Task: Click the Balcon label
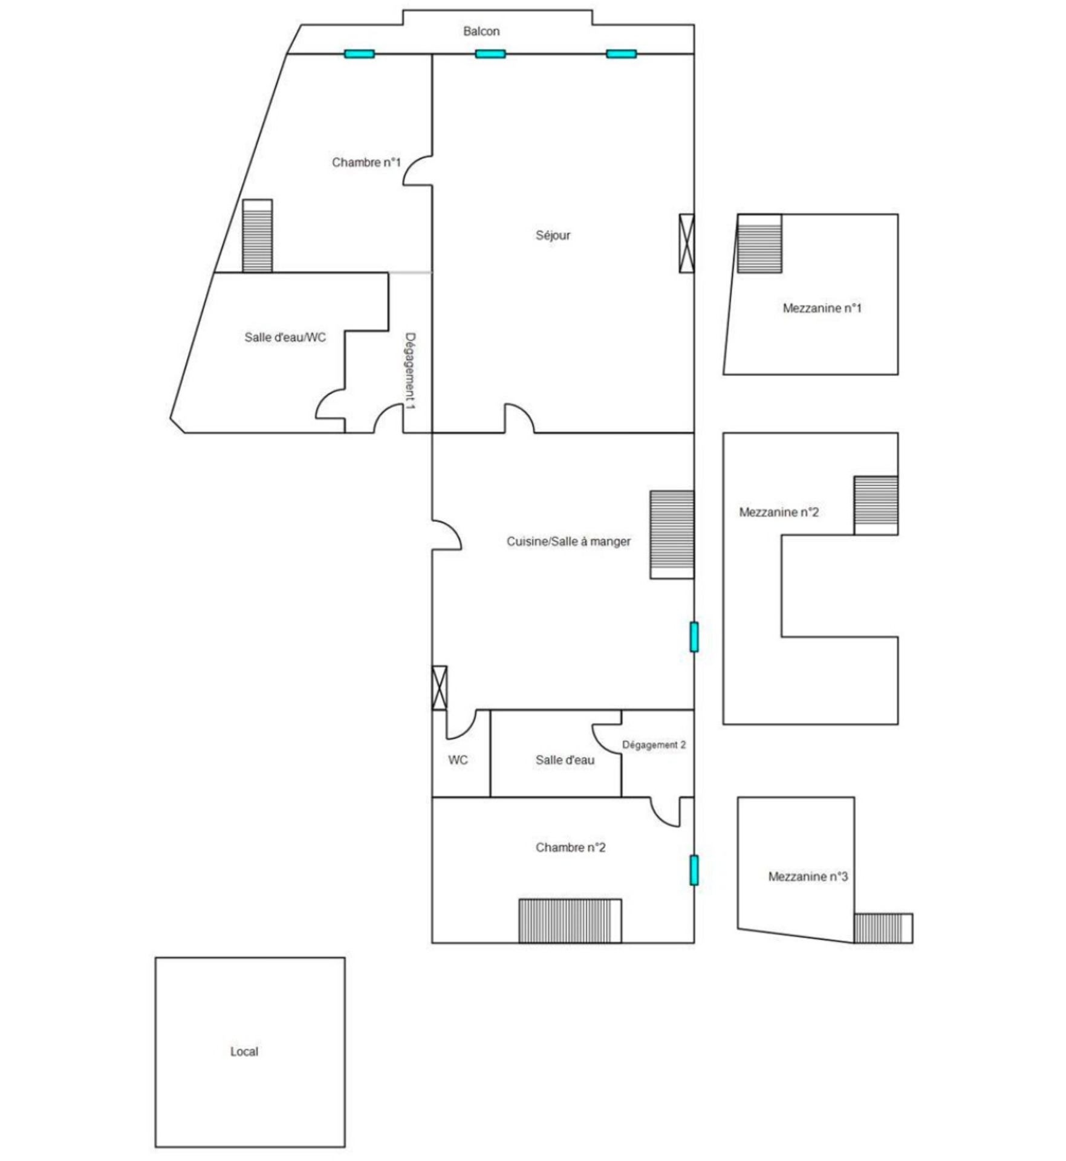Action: [481, 31]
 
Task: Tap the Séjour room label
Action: [553, 235]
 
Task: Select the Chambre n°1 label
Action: [366, 162]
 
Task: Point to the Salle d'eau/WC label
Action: [285, 337]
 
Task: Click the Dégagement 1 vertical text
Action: [410, 371]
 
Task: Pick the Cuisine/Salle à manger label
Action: [568, 542]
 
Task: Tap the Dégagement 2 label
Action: [654, 745]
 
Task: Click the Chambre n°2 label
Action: [570, 848]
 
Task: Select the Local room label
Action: [244, 1052]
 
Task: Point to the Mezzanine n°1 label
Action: [822, 308]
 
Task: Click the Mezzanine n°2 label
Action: [779, 512]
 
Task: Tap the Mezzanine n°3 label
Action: [808, 877]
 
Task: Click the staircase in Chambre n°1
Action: [258, 236]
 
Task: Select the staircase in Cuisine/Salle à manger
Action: [672, 535]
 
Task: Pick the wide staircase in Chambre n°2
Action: [570, 921]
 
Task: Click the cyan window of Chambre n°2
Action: [694, 870]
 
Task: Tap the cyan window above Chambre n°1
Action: [360, 54]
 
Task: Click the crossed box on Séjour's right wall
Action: [687, 243]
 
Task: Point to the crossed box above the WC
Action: [440, 688]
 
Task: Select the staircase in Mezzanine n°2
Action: [876, 506]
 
